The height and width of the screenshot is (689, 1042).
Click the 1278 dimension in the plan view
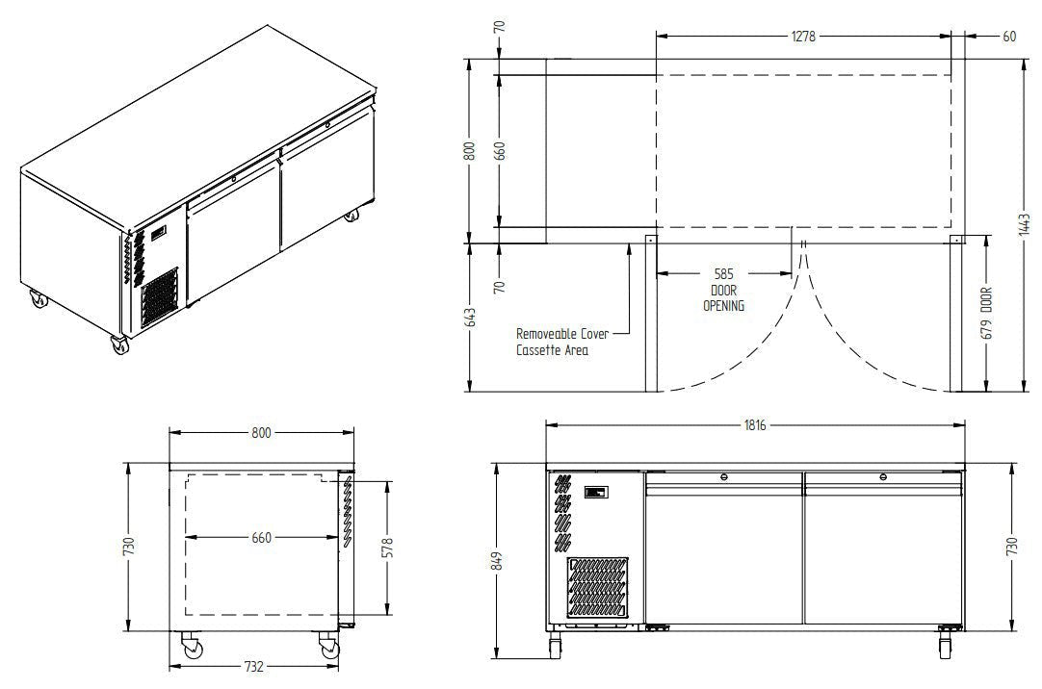click(x=803, y=37)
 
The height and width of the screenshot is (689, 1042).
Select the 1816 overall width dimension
click(x=755, y=424)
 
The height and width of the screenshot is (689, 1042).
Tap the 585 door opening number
click(x=723, y=273)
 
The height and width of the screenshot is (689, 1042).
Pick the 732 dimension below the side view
click(x=254, y=666)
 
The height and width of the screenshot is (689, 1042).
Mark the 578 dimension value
click(x=387, y=548)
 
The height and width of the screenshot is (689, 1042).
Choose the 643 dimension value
click(x=471, y=318)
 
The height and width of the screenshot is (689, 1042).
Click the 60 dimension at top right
click(x=1008, y=37)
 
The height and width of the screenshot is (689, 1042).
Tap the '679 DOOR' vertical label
click(x=986, y=313)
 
